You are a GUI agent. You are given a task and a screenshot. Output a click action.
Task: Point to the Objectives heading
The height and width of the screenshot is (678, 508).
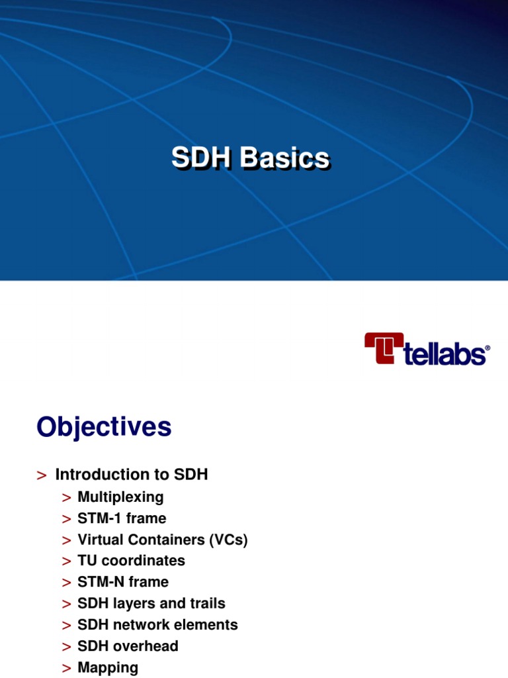(x=104, y=427)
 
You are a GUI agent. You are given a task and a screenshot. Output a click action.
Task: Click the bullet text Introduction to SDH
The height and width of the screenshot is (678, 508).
(x=132, y=475)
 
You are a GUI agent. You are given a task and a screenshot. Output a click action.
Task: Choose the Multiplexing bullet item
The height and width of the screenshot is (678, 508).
(x=120, y=497)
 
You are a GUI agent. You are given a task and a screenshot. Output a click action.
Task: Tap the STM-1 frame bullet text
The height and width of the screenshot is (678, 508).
(x=122, y=518)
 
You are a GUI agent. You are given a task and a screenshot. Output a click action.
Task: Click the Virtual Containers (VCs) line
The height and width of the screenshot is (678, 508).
(x=162, y=540)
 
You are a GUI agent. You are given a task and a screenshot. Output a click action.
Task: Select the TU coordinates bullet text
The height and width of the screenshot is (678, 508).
(x=131, y=561)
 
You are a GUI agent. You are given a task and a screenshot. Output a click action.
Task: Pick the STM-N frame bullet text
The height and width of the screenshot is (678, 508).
(x=123, y=582)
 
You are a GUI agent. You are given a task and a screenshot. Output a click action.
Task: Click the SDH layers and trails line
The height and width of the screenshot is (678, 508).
(x=151, y=603)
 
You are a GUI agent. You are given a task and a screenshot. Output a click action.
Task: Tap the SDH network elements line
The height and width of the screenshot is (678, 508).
(x=157, y=624)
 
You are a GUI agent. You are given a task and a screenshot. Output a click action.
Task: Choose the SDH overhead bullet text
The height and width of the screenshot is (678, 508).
(x=128, y=646)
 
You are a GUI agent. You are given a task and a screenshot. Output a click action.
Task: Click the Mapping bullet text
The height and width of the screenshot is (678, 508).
(x=108, y=667)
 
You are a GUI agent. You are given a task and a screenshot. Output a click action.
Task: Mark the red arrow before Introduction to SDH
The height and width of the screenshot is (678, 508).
(x=42, y=475)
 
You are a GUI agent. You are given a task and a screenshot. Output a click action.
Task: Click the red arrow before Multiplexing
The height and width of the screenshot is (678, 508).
(x=66, y=498)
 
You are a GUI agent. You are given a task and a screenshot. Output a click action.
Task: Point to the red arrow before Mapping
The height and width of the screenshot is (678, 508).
(x=66, y=667)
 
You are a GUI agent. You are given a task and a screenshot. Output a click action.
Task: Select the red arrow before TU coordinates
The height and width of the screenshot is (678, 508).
(x=66, y=561)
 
